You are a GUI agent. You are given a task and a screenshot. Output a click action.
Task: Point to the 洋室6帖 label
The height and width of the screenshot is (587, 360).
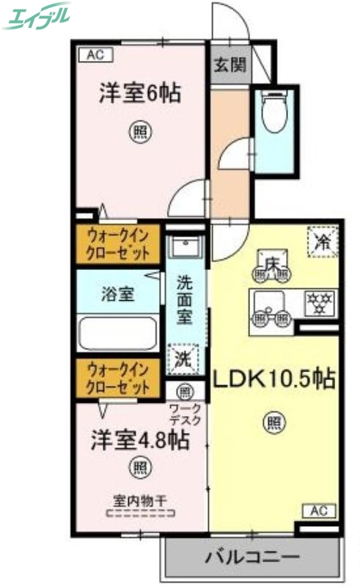(x=140, y=93)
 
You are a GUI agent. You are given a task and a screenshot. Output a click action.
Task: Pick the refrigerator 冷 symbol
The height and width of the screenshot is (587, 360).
(x=322, y=243)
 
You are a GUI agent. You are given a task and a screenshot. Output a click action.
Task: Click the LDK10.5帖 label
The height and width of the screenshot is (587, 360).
(x=274, y=379)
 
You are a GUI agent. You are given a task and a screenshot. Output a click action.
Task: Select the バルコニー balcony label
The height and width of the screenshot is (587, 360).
(x=252, y=556)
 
